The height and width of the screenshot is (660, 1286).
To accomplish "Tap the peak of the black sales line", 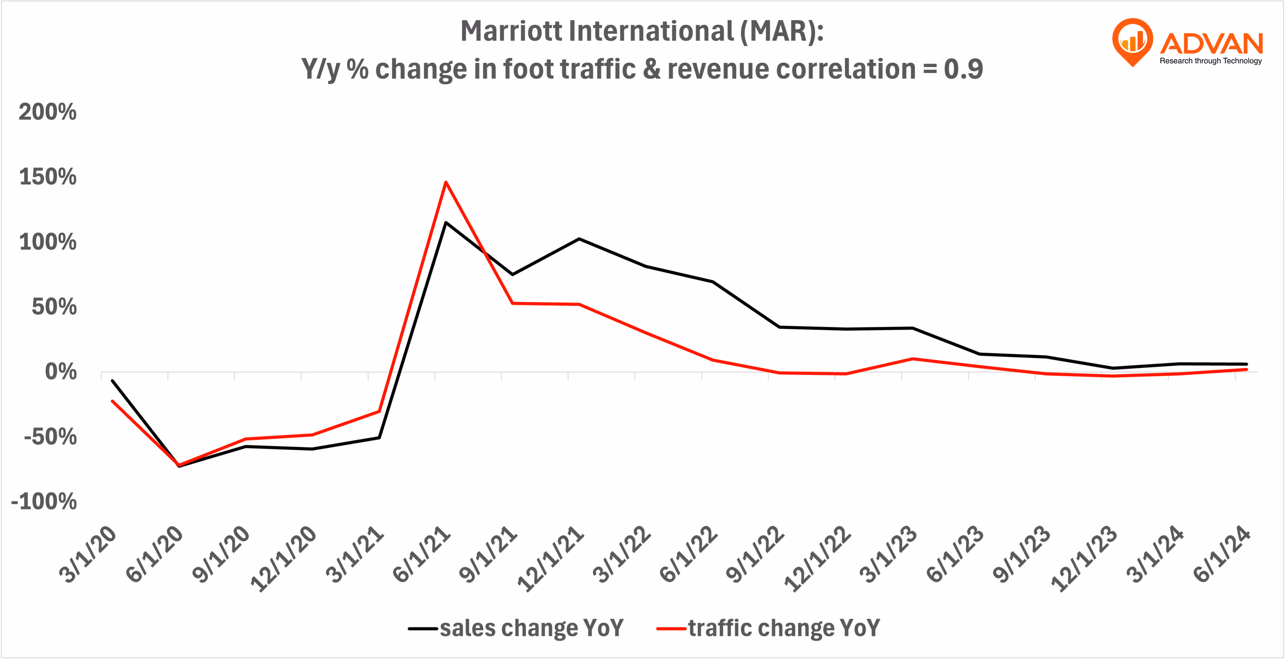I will [x=446, y=223].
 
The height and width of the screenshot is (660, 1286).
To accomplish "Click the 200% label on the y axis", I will [x=48, y=112].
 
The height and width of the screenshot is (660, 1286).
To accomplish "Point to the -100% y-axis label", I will [x=44, y=501].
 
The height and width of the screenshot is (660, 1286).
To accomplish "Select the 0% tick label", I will [x=61, y=372].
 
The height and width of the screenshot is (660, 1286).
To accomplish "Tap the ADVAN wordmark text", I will [x=1212, y=44].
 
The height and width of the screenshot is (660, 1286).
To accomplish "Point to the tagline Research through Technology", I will [x=1211, y=61].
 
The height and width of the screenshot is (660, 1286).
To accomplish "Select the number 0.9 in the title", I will [x=963, y=69].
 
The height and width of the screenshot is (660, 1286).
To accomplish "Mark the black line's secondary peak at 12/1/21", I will [x=579, y=239].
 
